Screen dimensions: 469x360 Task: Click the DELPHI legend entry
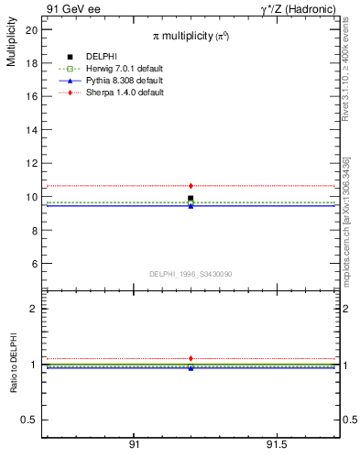101,57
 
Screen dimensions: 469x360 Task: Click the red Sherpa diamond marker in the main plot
191,186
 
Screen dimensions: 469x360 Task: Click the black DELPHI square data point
191,198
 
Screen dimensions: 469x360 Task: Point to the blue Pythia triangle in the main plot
191,206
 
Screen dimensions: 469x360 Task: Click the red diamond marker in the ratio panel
191,358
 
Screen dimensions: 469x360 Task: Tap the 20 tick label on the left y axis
31,29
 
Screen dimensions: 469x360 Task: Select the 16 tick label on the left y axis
31,96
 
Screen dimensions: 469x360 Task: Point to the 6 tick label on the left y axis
34,264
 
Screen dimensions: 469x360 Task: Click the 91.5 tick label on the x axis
276,444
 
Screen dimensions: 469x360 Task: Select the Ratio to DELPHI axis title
14,362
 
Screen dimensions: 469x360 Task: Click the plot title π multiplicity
191,36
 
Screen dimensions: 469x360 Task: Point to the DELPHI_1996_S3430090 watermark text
191,275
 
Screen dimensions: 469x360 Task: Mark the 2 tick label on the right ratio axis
346,309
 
